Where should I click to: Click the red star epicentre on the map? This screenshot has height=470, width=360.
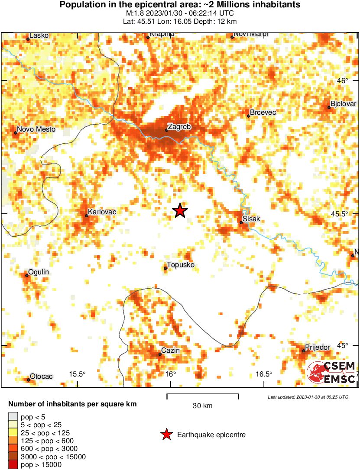180,211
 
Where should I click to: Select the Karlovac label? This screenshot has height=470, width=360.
102,212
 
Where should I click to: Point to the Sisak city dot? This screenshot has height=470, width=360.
241,222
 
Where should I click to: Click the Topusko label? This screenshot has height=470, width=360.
181,265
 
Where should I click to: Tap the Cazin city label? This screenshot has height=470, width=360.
170,350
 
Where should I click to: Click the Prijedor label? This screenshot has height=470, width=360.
318,347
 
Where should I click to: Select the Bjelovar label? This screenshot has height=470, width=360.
343,104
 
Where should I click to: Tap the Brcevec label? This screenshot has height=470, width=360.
263,113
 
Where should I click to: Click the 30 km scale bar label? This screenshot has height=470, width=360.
202,406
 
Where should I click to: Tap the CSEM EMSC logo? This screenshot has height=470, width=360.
332,372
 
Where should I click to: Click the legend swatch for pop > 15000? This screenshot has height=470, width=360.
12,465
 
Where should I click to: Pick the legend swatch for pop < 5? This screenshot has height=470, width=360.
12,417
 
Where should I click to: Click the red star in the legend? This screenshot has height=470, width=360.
166,435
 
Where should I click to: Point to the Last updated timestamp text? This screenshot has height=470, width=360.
308,397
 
